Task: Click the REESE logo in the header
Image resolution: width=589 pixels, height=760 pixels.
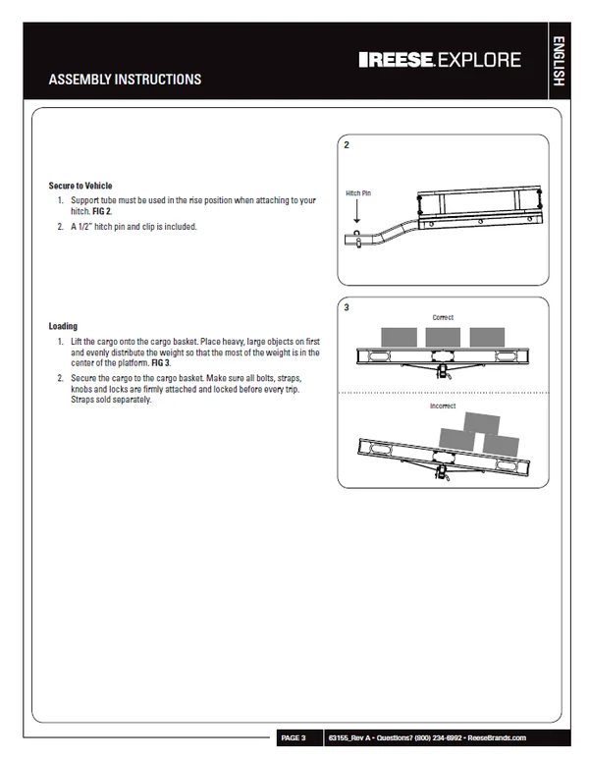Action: pyautogui.click(x=397, y=60)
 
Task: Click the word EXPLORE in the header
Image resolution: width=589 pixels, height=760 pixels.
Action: pyautogui.click(x=479, y=60)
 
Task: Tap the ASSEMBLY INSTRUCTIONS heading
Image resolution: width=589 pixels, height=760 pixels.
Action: pyautogui.click(x=125, y=80)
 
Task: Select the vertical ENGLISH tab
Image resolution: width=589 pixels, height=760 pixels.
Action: pyautogui.click(x=559, y=61)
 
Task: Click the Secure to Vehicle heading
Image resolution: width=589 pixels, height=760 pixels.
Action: pyautogui.click(x=80, y=186)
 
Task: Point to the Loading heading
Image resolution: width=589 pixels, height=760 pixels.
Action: pyautogui.click(x=63, y=326)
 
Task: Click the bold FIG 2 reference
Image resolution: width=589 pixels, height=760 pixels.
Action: pyautogui.click(x=102, y=211)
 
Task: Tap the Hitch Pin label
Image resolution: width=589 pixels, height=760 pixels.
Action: pyautogui.click(x=358, y=193)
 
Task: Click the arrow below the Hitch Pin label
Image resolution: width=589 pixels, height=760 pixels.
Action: pyautogui.click(x=357, y=211)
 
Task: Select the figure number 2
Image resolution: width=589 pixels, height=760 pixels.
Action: pyautogui.click(x=347, y=145)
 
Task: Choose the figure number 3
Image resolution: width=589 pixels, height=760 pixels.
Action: pyautogui.click(x=347, y=307)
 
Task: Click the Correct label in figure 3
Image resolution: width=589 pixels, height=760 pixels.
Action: pyautogui.click(x=443, y=317)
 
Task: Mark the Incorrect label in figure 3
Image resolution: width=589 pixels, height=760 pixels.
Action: pyautogui.click(x=443, y=406)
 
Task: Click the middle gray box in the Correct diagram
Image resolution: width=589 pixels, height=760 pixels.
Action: pyautogui.click(x=443, y=338)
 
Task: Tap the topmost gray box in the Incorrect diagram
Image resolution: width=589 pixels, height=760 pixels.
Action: pyautogui.click(x=481, y=423)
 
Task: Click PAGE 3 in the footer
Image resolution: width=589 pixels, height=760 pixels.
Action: pyautogui.click(x=294, y=737)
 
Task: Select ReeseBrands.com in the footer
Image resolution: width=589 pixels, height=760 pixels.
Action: pyautogui.click(x=497, y=737)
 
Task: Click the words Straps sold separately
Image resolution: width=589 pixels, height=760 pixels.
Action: pyautogui.click(x=111, y=400)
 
